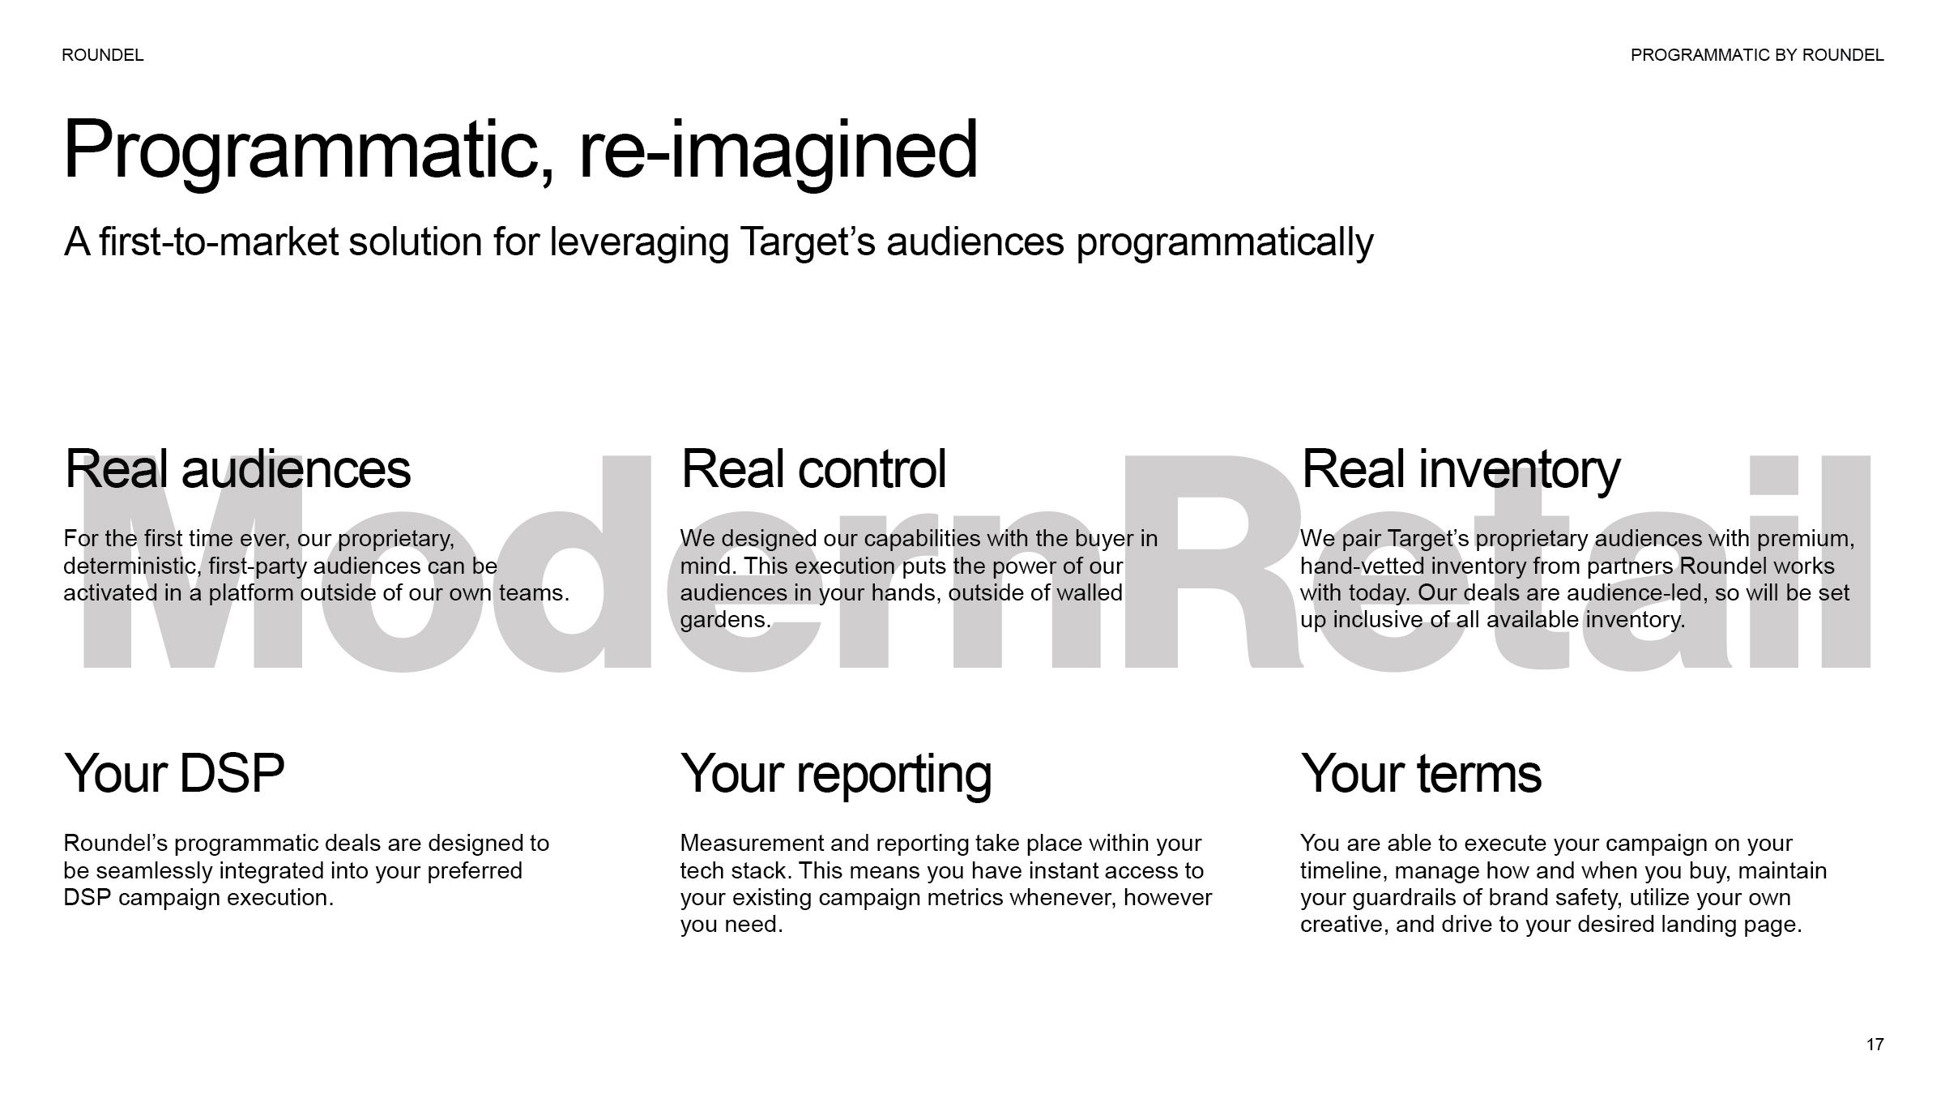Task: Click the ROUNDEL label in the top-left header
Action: [103, 55]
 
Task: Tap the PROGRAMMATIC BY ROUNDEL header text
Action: [1757, 55]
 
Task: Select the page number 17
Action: [1875, 1045]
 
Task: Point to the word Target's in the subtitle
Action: [808, 242]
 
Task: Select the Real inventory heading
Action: [1461, 470]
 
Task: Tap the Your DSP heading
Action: [174, 773]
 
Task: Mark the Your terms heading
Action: [1421, 773]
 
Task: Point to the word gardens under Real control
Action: [725, 621]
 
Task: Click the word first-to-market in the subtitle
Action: [219, 242]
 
